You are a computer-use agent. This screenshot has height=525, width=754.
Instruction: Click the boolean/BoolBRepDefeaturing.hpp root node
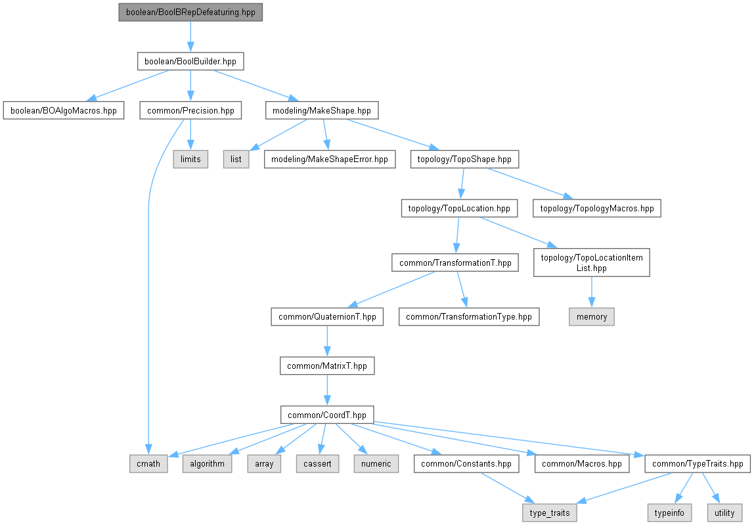[x=190, y=12]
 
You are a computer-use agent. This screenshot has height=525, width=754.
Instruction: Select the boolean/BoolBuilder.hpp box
[x=190, y=62]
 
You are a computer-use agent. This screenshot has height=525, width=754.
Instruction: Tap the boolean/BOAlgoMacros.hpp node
[x=64, y=110]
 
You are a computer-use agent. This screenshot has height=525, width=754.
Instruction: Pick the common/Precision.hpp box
[x=190, y=110]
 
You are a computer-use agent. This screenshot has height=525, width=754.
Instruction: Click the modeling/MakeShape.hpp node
[x=322, y=110]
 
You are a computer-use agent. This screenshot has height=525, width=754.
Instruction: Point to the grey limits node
[x=190, y=159]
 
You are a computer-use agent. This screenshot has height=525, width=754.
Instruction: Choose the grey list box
[x=236, y=159]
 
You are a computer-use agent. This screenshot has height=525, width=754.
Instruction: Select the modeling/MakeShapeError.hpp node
[x=329, y=159]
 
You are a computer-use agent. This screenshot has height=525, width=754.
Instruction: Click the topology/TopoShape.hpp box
[x=464, y=159]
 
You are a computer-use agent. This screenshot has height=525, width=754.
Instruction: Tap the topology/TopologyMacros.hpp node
[x=597, y=209]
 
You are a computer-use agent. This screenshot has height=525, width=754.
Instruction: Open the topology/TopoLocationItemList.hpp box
[x=592, y=262]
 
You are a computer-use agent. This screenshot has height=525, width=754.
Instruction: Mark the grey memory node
[x=592, y=317]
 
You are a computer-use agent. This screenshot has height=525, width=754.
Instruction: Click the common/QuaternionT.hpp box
[x=327, y=317]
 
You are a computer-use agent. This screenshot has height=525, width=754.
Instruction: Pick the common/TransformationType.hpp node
[x=469, y=317]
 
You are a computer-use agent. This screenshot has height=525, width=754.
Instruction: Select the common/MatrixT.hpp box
[x=327, y=366]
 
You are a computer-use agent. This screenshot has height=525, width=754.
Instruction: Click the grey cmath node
[x=148, y=464]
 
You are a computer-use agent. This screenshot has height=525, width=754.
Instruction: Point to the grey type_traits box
[x=550, y=513]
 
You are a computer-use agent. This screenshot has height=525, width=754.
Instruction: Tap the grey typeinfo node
[x=669, y=513]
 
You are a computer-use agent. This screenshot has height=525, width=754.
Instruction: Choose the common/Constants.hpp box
[x=466, y=464]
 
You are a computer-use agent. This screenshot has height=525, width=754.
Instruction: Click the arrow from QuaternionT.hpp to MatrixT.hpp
[x=327, y=341]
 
